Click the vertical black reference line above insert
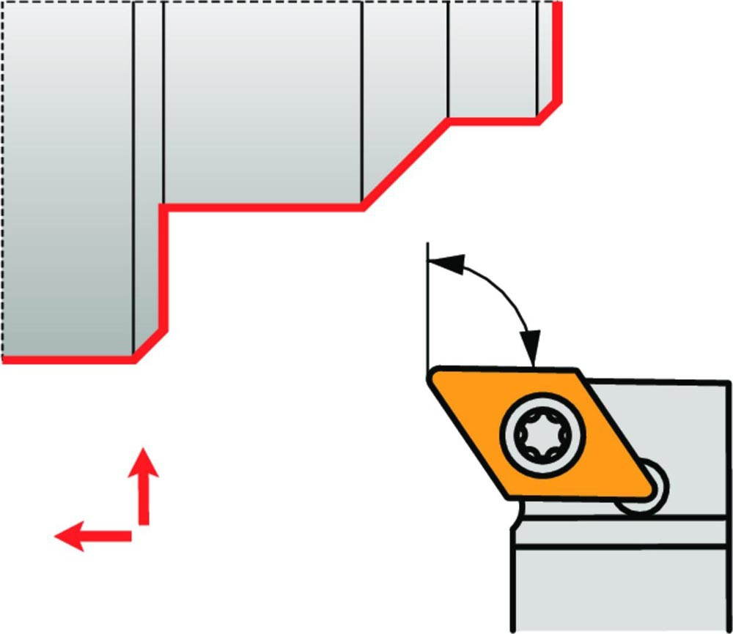(426, 307)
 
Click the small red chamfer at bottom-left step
(151, 345)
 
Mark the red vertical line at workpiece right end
(559, 51)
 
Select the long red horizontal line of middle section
(264, 208)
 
